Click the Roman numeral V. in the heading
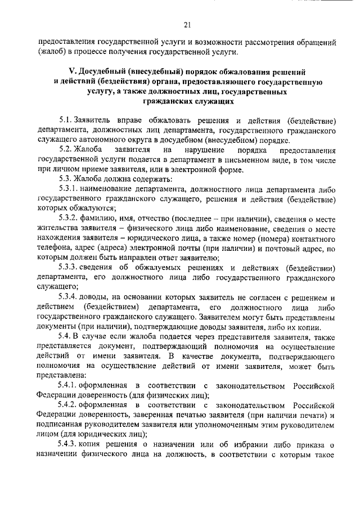pos(71,73)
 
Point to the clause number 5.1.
pos(66,121)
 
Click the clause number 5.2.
pos(66,150)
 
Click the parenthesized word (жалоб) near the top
pos(53,53)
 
